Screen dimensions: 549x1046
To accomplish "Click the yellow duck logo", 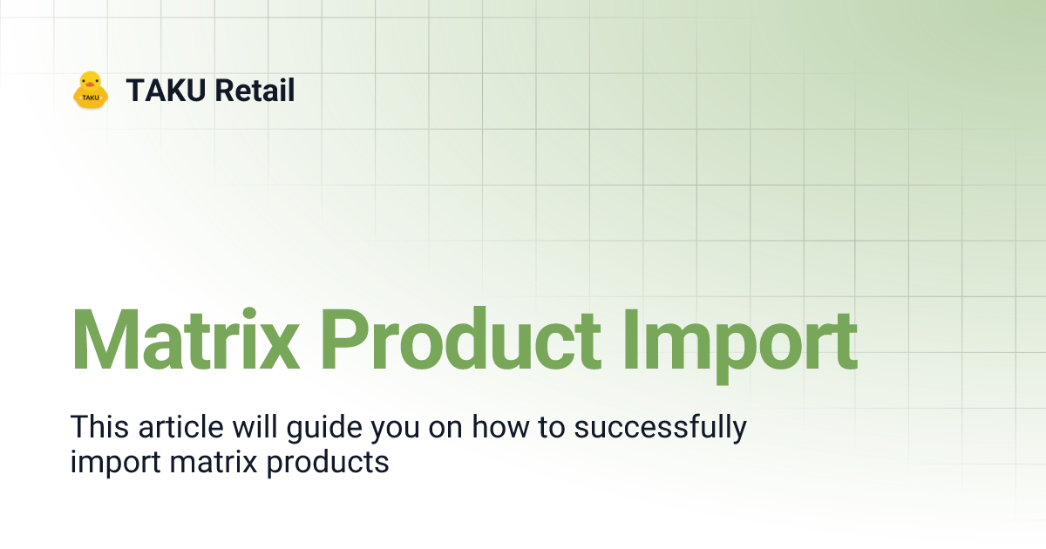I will point(91,90).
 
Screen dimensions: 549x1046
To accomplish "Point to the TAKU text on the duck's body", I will point(91,98).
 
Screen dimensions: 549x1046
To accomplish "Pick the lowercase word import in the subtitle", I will point(115,463).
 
